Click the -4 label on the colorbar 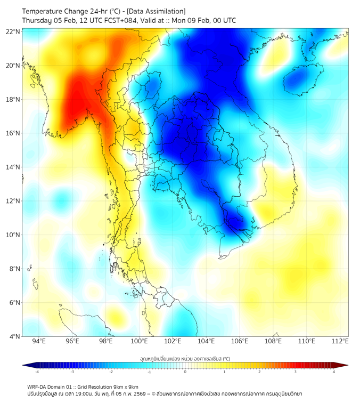37,372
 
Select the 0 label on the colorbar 185,372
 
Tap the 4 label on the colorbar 333,372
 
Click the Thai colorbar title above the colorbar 185,358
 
